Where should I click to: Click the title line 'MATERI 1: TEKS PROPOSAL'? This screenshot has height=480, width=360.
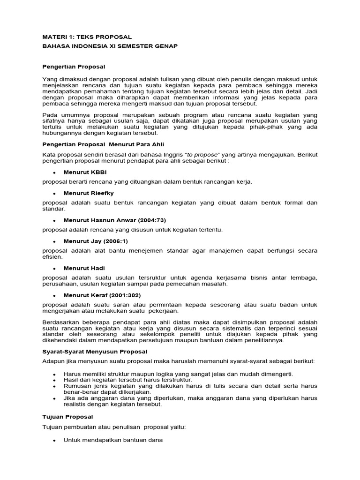point(87,37)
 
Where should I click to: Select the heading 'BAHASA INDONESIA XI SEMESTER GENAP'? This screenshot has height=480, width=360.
point(110,46)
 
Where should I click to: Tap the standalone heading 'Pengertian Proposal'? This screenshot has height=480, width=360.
point(74,67)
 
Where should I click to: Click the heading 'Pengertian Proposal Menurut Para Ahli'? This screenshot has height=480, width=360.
point(103,144)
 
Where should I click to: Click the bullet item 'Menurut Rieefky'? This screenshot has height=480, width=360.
point(89,193)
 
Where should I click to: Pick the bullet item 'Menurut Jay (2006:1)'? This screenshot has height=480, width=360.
point(96,241)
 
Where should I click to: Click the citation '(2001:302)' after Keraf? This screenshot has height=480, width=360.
point(124,295)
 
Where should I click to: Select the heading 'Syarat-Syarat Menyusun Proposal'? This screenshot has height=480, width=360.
point(97,351)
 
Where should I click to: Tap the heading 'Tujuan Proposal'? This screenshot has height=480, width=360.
point(68,416)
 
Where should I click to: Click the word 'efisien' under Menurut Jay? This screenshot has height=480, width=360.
point(52,257)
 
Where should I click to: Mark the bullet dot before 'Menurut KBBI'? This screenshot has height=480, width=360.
point(54,172)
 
